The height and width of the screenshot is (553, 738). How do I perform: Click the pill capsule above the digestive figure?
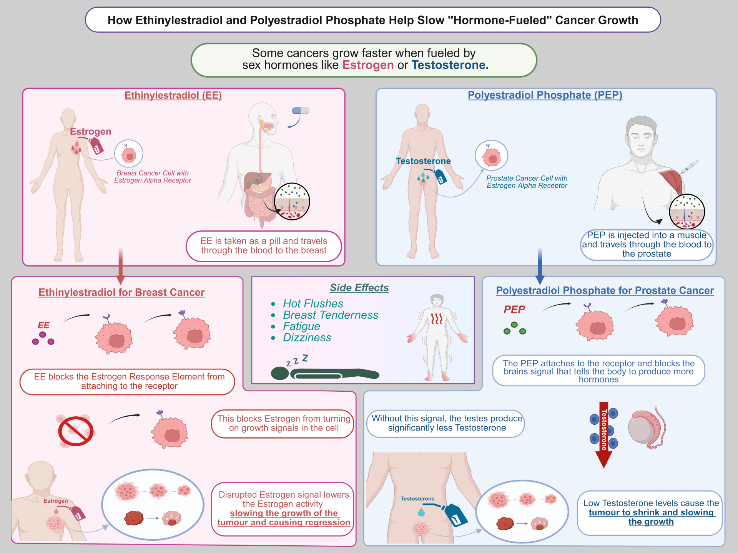(x=301, y=111)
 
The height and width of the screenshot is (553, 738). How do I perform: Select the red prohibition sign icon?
(x=76, y=431)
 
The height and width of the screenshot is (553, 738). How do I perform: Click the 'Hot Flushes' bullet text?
(x=313, y=304)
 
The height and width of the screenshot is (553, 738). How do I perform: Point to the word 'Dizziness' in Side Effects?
(x=307, y=338)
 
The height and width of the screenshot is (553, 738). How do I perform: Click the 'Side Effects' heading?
(x=359, y=288)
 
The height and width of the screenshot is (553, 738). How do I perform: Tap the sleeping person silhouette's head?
(x=280, y=373)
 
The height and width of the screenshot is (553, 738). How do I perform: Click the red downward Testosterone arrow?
(x=604, y=434)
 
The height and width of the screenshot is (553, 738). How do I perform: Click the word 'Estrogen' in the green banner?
(x=368, y=65)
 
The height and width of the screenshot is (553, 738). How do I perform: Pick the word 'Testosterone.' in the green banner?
(x=450, y=65)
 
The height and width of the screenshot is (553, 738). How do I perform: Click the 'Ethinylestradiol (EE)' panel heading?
(x=173, y=95)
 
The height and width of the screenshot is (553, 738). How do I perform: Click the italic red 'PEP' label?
(x=514, y=310)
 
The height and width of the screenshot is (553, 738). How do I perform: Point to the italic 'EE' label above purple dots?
(x=43, y=325)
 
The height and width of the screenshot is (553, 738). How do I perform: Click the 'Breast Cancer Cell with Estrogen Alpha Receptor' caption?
(x=153, y=177)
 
